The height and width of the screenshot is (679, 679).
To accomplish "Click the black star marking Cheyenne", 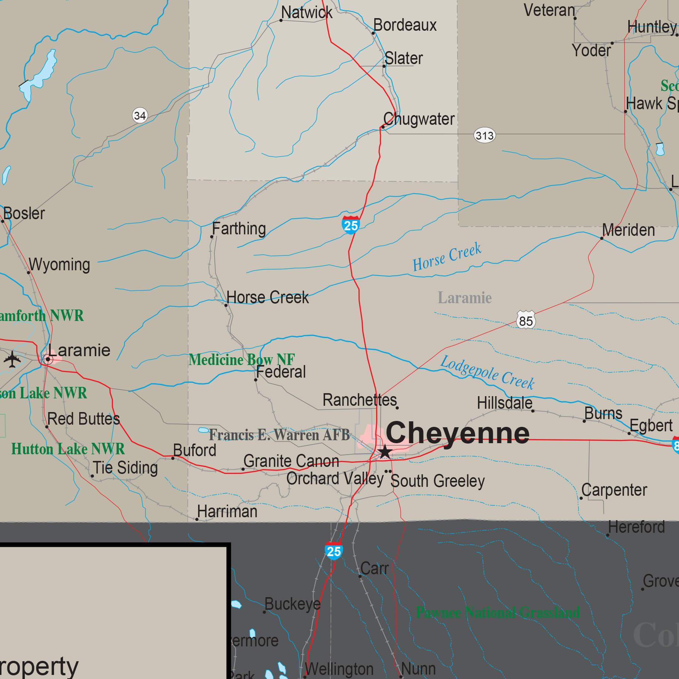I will pos(385,452).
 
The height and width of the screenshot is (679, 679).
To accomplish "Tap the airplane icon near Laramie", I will pos(12,359).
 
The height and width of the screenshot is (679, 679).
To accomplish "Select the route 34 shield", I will pos(140,116).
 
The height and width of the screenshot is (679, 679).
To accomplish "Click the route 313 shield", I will pos(484,136).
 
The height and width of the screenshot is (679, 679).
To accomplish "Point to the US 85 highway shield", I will pos(526,321).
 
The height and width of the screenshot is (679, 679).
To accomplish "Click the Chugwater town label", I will pos(419,119).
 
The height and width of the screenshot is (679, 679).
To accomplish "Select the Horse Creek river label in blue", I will pos(447,257).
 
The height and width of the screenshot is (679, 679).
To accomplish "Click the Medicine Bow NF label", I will pos(242,359).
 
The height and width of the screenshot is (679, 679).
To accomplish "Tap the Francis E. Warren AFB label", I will pos(279,435).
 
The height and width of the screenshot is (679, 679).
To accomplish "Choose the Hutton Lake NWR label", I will pos(68,449).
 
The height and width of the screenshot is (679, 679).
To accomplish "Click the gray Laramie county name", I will pos(465,298).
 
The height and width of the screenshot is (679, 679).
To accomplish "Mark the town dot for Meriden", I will pos(602,238).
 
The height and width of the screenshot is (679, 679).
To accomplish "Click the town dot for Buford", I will pos(173,458).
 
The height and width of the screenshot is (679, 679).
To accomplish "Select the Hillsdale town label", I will pos(505,403).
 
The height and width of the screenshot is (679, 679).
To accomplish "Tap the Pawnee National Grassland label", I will pos(498,613).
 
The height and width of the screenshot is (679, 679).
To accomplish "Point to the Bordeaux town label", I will pos(405,25).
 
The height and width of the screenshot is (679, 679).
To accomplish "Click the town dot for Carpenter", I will pos(581,498).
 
